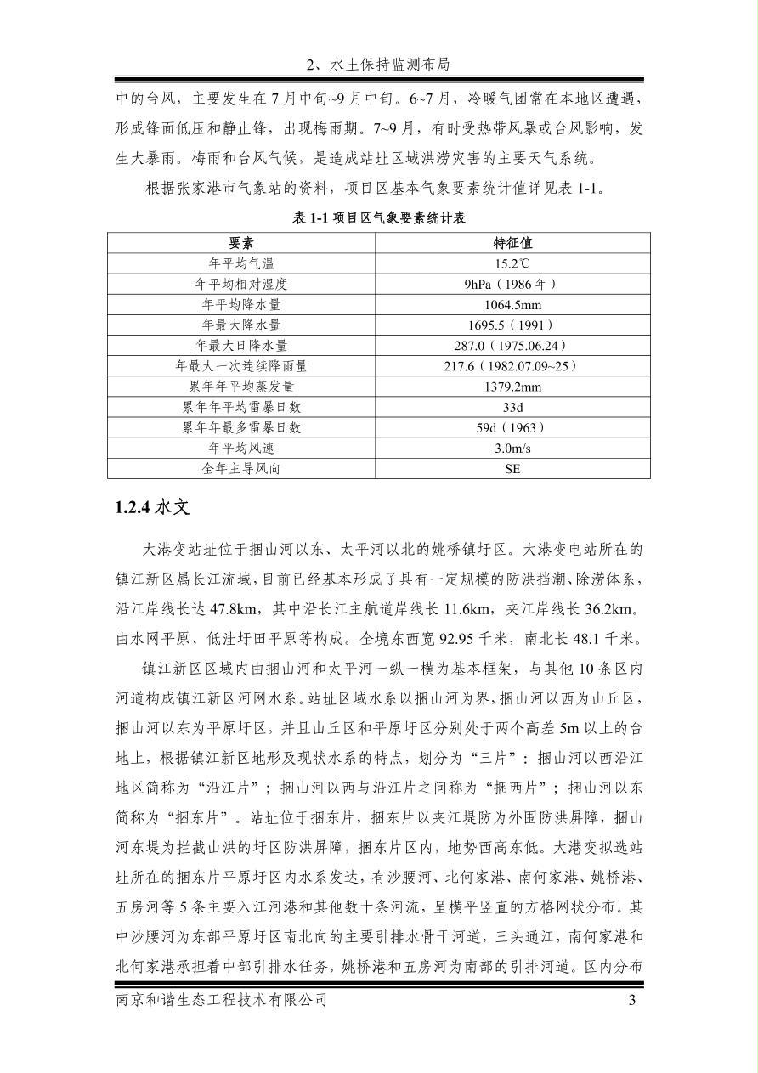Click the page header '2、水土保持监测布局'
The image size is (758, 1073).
[x=378, y=65]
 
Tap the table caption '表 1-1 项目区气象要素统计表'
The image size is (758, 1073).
[x=379, y=218]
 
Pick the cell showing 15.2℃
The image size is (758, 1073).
[x=512, y=263]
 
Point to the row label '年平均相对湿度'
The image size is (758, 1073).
[x=241, y=284]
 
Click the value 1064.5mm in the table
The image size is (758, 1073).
[x=512, y=304]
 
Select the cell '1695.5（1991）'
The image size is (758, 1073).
[x=512, y=325]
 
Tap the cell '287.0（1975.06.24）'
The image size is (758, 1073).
[x=512, y=345]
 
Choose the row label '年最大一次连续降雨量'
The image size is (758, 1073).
[x=241, y=366]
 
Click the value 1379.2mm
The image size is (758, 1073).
[x=512, y=387]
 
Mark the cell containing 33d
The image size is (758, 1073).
[x=512, y=407]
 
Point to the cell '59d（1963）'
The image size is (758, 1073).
[x=512, y=427]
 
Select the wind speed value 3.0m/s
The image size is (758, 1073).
[x=512, y=448]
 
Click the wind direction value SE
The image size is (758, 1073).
[x=512, y=468]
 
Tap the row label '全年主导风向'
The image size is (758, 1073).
[x=241, y=468]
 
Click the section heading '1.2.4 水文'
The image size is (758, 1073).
[x=152, y=508]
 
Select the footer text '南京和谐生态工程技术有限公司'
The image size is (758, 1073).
[x=221, y=1000]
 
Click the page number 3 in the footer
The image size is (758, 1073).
[x=631, y=1000]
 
